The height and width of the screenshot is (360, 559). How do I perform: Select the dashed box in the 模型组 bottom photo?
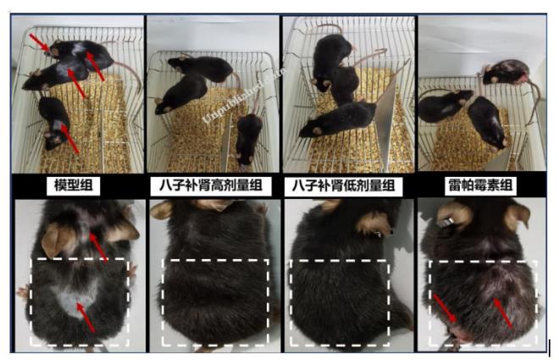pyautogui.click(x=79, y=302)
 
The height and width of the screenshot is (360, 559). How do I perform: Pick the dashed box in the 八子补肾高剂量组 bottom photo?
pyautogui.click(x=215, y=302)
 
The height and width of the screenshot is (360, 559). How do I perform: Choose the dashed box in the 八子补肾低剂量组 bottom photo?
pyautogui.click(x=340, y=302)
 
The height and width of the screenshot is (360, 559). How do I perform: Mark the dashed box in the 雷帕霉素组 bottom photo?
pyautogui.click(x=482, y=303)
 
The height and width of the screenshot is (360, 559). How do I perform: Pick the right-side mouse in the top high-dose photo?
pyautogui.click(x=247, y=136)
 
